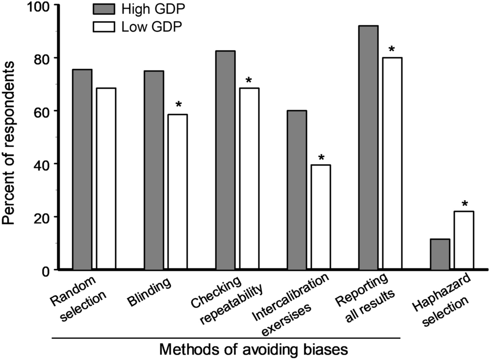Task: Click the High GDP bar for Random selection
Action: [x=82, y=169]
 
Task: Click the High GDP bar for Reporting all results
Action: [x=368, y=148]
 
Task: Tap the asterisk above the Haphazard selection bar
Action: [x=464, y=205]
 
